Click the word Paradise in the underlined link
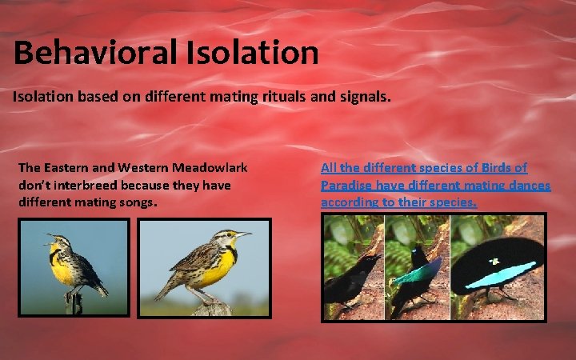(x=350, y=185)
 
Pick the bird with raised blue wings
(x=416, y=276)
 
